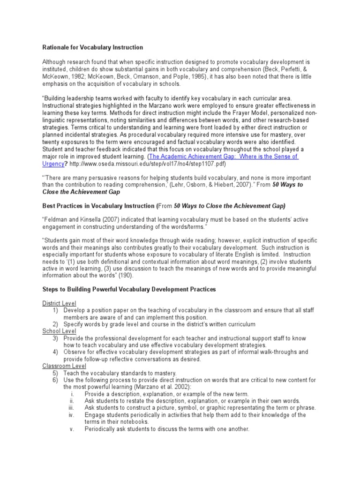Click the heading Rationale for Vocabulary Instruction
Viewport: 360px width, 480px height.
93,47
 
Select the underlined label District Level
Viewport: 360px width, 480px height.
59,303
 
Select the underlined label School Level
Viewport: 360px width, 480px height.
58,331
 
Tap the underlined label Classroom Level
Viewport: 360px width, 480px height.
62,366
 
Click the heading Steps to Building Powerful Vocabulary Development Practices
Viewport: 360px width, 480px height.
129,289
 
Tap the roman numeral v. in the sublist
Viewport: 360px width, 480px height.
72,429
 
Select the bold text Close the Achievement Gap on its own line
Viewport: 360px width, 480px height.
81,192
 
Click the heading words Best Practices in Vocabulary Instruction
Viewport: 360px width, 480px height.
98,206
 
